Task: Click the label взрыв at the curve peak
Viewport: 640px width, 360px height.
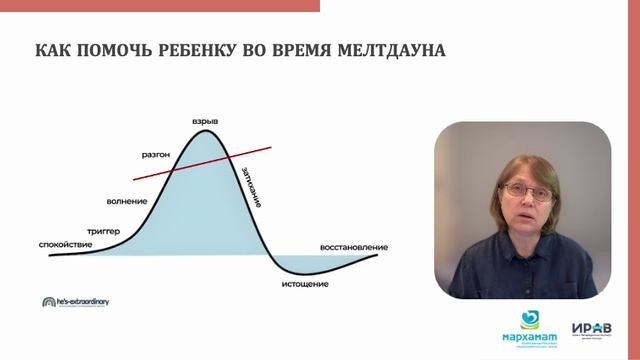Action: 205,122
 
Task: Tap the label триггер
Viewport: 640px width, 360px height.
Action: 103,231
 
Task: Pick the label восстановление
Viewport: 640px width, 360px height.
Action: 353,246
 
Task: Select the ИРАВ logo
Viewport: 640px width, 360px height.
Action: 590,328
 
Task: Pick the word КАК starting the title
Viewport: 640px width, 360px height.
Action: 51,49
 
